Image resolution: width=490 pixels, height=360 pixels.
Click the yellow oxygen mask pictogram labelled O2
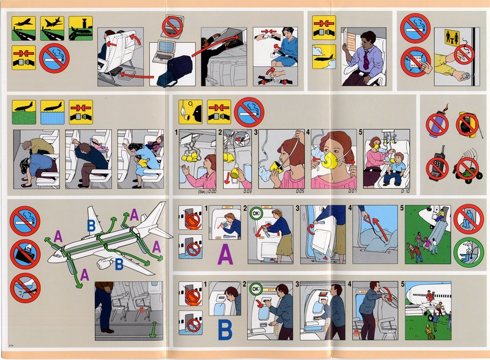click(188, 110)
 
